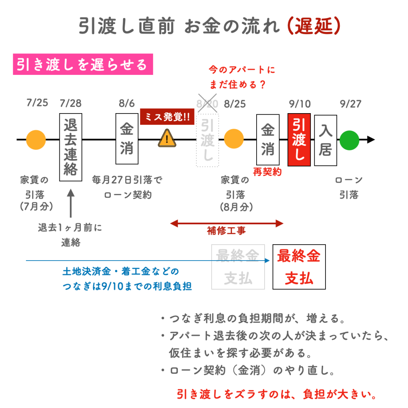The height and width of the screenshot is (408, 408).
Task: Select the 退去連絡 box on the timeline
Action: pos(71,147)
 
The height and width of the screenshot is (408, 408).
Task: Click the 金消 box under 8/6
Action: pos(127,139)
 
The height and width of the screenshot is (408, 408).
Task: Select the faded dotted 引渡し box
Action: pos(208,141)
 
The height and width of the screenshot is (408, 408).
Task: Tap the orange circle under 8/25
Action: pos(234,139)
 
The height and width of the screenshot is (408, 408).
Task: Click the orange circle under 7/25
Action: pos(36,139)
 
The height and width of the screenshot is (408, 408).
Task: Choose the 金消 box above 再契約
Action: pos(267,139)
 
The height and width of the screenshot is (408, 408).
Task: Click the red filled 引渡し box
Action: pos(299,139)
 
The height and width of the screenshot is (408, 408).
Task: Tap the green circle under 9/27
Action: pos(349,139)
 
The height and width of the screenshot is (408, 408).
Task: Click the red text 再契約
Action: pos(267,172)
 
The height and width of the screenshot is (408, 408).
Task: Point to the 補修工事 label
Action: pos(227,230)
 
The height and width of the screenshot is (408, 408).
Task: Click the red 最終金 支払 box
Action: pos(299,267)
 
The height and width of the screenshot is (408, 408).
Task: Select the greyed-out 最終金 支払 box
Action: pos(238,267)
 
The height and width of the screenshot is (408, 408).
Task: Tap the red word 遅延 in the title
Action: pos(314,26)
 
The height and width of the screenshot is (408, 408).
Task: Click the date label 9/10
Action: pos(299,104)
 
